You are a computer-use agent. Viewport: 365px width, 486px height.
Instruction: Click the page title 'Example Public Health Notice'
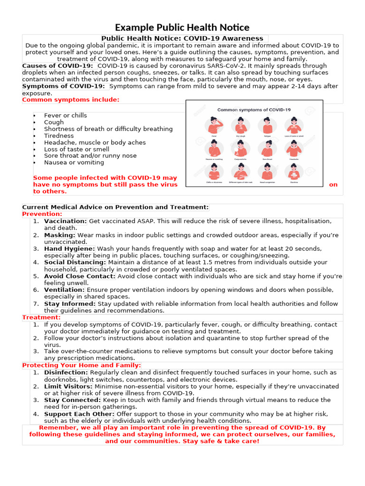(182, 28)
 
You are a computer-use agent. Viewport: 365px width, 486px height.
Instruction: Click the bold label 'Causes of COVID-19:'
(58, 65)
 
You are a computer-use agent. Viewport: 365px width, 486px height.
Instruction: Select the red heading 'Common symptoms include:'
(71, 100)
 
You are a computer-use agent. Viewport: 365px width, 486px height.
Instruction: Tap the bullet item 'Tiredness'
(59, 136)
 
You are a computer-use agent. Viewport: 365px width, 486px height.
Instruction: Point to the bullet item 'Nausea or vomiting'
(74, 162)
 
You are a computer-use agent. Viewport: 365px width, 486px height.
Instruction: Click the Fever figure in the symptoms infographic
(214, 126)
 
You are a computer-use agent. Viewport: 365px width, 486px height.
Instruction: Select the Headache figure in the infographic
(293, 150)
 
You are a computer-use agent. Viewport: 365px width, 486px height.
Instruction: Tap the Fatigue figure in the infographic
(267, 126)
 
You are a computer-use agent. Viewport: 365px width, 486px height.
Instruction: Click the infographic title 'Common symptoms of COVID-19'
(254, 110)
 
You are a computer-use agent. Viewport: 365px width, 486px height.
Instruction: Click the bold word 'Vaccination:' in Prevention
(66, 221)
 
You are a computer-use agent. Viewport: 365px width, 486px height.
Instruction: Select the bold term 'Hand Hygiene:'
(69, 249)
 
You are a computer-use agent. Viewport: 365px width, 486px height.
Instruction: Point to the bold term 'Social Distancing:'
(75, 262)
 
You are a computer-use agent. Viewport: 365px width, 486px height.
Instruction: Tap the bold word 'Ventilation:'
(64, 290)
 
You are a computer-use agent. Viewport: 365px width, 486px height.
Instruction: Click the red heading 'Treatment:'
(41, 317)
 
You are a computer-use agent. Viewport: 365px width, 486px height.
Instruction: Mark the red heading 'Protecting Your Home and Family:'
(82, 365)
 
